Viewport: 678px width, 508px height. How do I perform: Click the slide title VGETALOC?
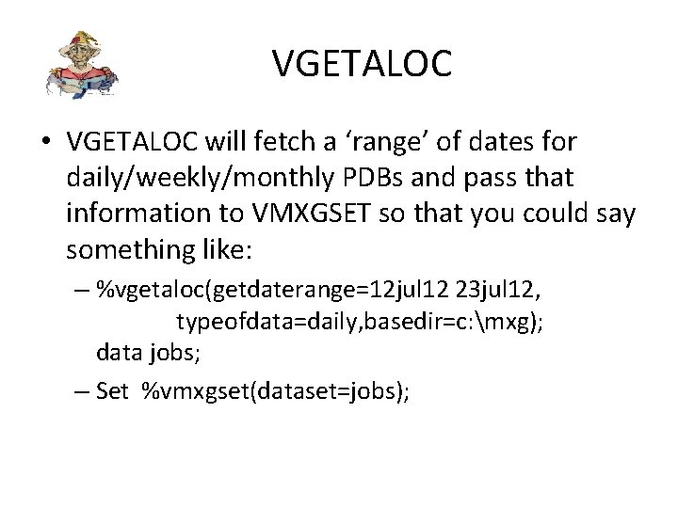click(363, 64)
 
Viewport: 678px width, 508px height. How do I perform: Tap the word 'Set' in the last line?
click(111, 391)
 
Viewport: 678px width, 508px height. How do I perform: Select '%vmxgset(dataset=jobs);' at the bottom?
click(275, 391)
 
